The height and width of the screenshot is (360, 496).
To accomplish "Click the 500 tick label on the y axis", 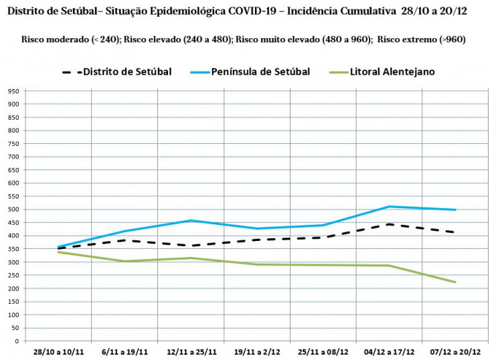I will point(13,209).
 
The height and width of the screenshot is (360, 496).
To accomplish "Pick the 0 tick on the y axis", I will point(18,341).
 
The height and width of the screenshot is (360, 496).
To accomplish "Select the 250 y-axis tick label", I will point(13,275).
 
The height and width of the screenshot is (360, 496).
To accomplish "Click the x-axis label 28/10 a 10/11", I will point(58,351).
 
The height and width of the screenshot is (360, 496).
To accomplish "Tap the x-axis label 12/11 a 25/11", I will point(191,351).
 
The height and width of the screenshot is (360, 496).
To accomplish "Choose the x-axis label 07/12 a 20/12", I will point(456,351).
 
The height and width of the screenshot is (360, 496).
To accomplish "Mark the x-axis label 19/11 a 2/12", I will point(257,351).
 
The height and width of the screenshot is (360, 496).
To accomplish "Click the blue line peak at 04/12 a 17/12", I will point(389,206).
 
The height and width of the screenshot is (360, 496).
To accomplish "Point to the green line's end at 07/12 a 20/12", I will point(455,282).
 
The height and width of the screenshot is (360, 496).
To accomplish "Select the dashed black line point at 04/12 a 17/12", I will point(389,224).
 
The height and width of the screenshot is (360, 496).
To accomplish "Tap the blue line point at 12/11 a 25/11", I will point(191,220).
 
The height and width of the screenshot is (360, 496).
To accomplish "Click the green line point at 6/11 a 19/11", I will point(125,261).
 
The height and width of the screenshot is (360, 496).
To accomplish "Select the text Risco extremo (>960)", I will point(422,39).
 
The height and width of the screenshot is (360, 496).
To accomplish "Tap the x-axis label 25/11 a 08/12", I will point(323,351).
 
